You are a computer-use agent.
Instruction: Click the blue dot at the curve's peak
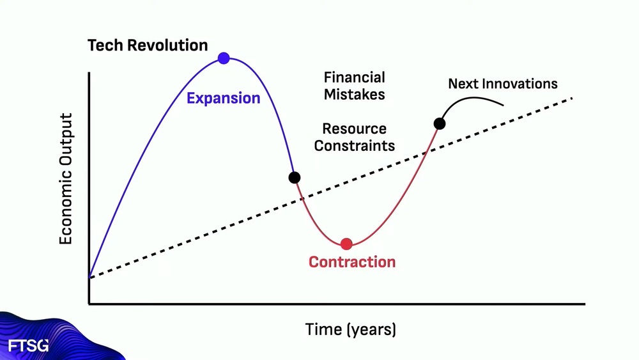tap(224, 58)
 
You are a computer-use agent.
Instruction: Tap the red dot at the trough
tap(346, 244)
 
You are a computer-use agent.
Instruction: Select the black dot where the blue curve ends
tap(294, 178)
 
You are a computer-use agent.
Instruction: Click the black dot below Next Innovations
tap(440, 123)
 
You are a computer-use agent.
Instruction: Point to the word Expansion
tap(223, 98)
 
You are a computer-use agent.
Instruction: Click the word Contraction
tap(352, 262)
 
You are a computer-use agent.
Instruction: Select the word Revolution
tap(167, 45)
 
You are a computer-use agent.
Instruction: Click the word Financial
tap(354, 77)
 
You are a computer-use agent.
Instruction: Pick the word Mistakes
tap(354, 95)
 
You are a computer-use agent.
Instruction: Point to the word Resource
tap(354, 129)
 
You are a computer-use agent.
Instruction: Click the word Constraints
tap(354, 146)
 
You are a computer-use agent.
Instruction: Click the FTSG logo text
tap(28, 346)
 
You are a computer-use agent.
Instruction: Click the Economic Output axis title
tap(66, 178)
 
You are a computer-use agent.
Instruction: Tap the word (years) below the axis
tap(371, 329)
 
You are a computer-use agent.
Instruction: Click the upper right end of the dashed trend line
tap(573, 98)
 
